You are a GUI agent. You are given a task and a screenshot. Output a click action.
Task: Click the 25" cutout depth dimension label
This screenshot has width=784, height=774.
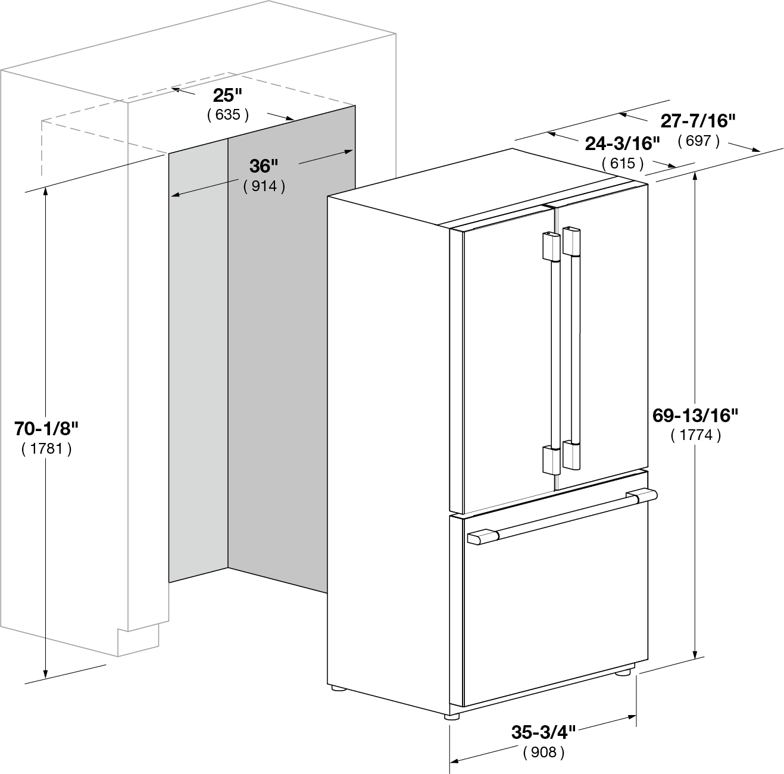(227, 96)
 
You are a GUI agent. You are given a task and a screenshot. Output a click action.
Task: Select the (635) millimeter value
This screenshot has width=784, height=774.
(228, 115)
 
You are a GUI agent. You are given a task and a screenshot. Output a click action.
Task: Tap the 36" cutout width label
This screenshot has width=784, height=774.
(264, 166)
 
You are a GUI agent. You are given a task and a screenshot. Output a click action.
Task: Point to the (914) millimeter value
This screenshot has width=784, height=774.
(264, 186)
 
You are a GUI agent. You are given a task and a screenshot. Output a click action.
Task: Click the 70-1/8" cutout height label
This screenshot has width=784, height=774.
(46, 429)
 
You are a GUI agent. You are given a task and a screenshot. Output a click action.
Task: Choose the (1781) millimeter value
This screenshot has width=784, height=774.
(46, 448)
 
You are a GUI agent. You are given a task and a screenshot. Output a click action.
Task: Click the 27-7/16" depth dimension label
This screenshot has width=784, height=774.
(698, 121)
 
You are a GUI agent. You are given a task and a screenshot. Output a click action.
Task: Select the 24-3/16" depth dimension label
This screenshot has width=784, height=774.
(623, 143)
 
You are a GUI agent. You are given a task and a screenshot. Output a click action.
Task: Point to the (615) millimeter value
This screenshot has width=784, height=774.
(623, 163)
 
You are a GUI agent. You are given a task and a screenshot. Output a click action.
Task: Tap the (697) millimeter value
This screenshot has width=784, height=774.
(698, 141)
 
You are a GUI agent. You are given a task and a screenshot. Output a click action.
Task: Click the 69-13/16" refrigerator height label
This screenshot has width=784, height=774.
(695, 416)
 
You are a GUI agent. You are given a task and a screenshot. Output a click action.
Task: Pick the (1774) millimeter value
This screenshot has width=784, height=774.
(696, 435)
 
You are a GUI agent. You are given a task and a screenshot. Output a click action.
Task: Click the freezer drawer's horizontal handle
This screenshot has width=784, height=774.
(562, 516)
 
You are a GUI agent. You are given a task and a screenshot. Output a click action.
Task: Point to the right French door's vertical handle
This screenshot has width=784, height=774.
(571, 348)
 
